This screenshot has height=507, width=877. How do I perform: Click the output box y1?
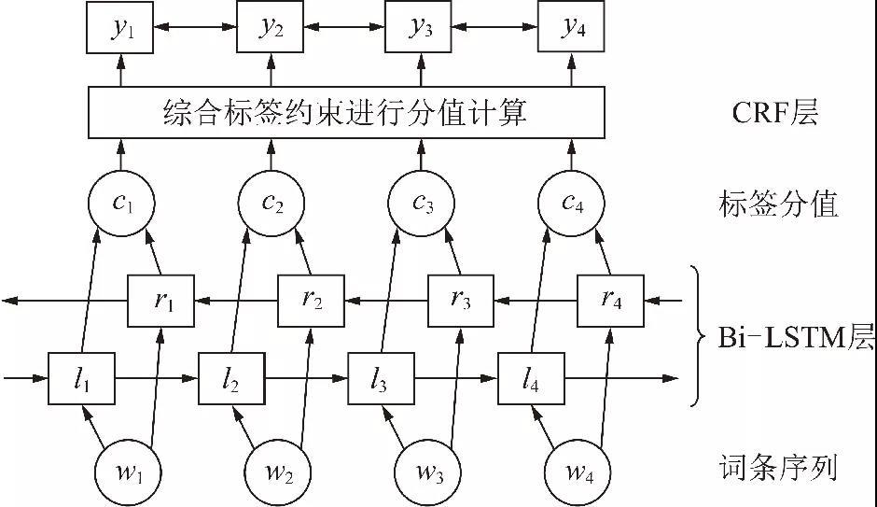(121, 29)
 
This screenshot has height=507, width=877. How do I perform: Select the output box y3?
(421, 29)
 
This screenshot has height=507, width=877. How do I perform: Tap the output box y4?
(571, 29)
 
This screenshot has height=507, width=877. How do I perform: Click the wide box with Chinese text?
(346, 113)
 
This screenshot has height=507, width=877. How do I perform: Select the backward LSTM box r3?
(460, 300)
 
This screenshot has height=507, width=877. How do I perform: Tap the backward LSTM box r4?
(610, 300)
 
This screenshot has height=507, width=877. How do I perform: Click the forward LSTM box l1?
(81, 378)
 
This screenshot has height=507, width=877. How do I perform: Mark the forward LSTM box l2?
(231, 378)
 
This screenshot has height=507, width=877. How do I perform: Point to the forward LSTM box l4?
(531, 378)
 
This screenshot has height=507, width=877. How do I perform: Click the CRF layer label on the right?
(773, 114)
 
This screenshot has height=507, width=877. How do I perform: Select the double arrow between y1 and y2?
(196, 29)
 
